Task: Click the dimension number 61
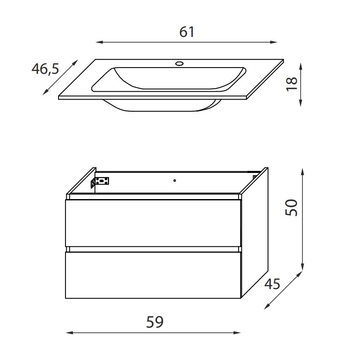(187, 32)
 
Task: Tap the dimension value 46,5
(45, 69)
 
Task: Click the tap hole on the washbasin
(180, 63)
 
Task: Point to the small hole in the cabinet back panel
(175, 180)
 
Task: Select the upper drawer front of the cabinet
(153, 223)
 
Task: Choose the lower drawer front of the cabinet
(153, 275)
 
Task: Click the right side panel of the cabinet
(255, 232)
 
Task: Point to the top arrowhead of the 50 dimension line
(303, 170)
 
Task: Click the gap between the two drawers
(153, 249)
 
